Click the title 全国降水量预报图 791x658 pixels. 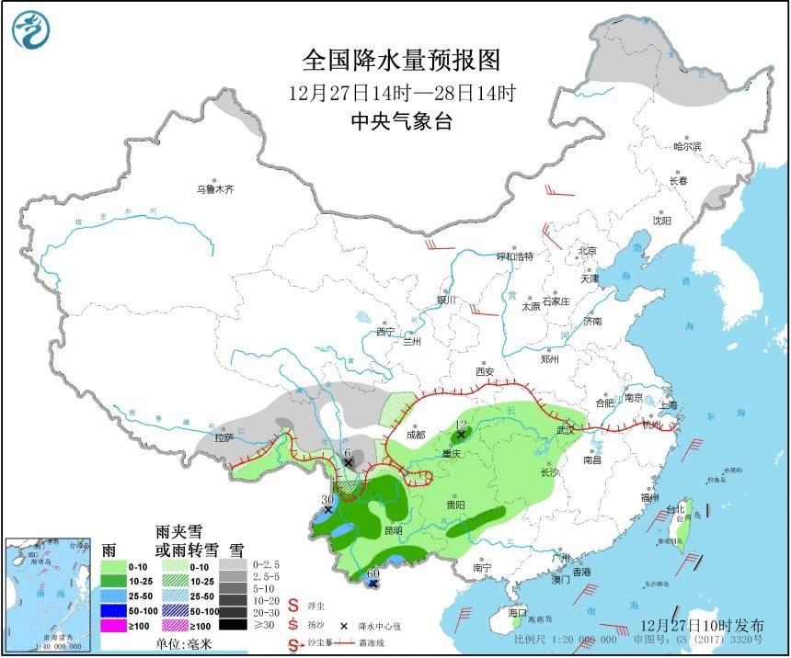(x=402, y=61)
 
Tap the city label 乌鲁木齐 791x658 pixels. (x=214, y=190)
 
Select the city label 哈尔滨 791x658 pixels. (x=686, y=146)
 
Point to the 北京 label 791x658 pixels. (x=586, y=251)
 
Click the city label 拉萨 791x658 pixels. (x=224, y=438)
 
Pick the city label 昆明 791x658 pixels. (x=393, y=530)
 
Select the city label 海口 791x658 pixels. (x=518, y=612)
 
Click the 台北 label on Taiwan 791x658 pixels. (x=675, y=509)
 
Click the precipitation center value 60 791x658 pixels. (x=373, y=573)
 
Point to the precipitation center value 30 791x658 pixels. (x=326, y=500)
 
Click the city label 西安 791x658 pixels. (x=485, y=372)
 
